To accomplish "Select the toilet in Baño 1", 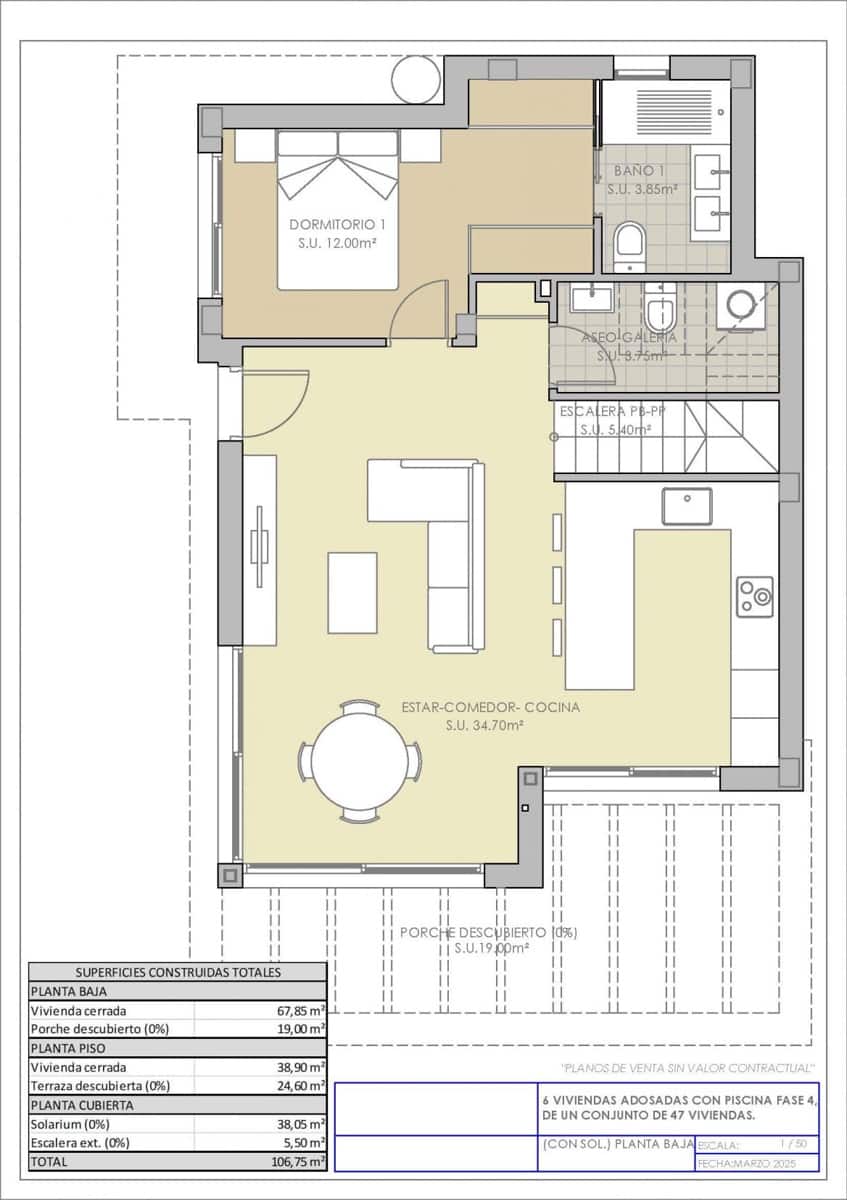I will click(629, 245).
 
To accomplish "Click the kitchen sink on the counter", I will click(687, 506).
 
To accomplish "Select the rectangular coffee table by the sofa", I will click(352, 592).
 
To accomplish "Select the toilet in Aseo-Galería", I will click(660, 310).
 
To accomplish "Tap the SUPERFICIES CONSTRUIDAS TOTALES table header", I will click(178, 972).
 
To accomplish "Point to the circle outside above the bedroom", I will click(415, 80).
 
